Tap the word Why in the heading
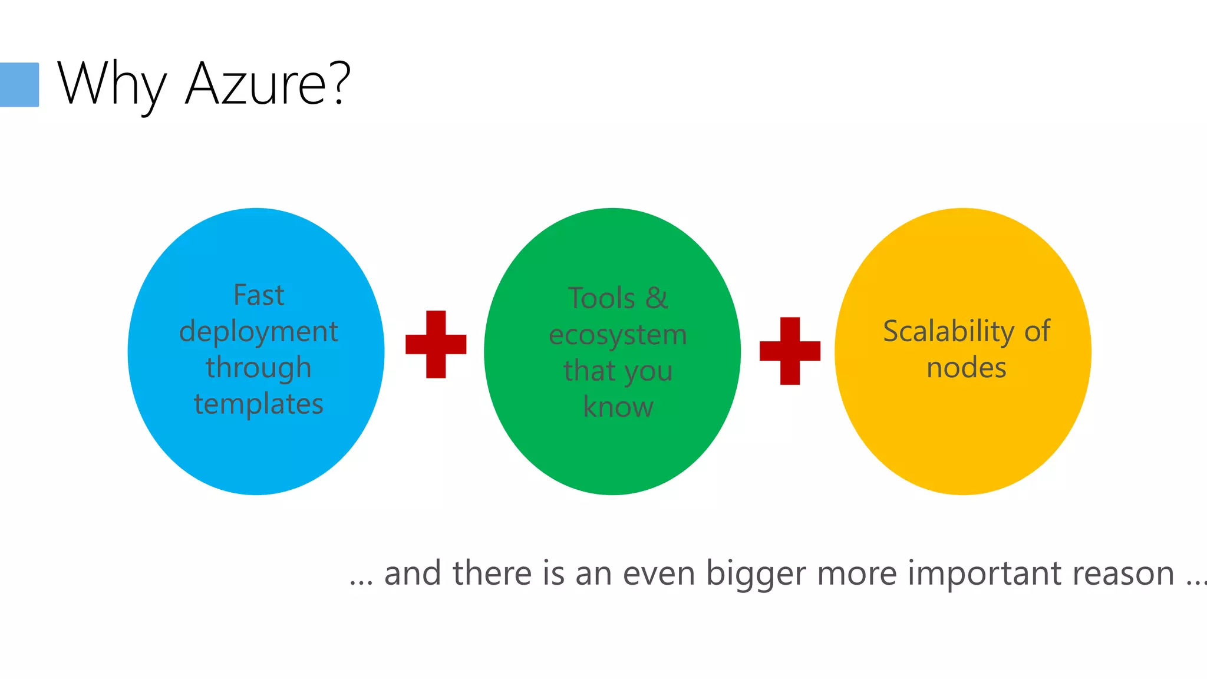point(112,84)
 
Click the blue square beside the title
point(19,84)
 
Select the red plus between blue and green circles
point(436,344)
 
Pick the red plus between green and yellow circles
point(790,351)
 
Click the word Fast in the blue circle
point(259,295)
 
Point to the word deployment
point(259,332)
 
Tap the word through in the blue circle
point(259,368)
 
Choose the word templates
point(259,404)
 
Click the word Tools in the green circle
point(602,298)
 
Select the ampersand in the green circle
point(657,298)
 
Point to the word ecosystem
point(618,335)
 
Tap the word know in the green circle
point(618,407)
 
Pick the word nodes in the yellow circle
point(967,368)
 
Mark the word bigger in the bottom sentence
point(756,574)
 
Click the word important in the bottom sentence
point(983,573)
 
